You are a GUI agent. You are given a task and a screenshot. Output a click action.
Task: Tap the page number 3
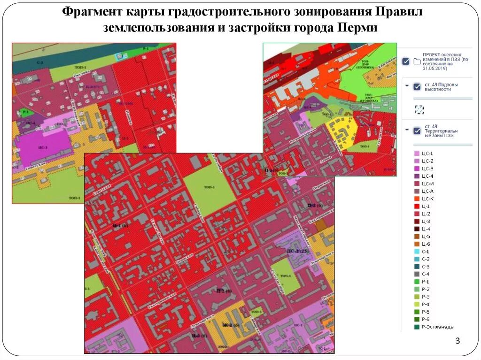click(458, 341)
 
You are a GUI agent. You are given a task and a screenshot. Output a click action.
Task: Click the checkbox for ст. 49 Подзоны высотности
click(416, 87)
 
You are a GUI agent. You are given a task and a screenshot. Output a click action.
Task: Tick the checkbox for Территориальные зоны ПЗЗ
click(416, 130)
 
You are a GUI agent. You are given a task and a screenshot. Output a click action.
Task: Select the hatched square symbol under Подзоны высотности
click(419, 109)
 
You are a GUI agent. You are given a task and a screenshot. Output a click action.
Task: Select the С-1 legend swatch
click(416, 252)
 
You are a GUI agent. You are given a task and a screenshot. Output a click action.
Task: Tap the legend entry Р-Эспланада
click(437, 327)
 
